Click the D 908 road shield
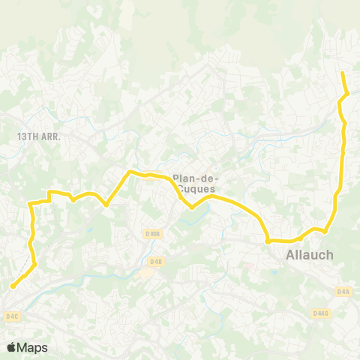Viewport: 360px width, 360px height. pos(152,234)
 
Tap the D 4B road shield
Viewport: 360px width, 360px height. pos(156,261)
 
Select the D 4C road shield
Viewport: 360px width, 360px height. pos(11,316)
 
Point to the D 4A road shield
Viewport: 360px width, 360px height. pos(343,290)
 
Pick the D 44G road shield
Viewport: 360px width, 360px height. pos(321,313)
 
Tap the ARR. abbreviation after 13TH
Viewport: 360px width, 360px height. pos(49,137)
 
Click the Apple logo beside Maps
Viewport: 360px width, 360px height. pos(12,347)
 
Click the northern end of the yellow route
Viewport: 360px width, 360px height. pos(342,73)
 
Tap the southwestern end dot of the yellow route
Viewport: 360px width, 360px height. pos(13,286)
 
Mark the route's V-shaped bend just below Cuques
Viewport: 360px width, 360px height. pos(192,208)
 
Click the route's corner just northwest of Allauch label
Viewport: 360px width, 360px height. pos(268,241)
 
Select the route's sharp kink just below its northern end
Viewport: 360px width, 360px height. pos(348,93)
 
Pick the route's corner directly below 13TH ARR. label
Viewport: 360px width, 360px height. pos(29,203)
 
